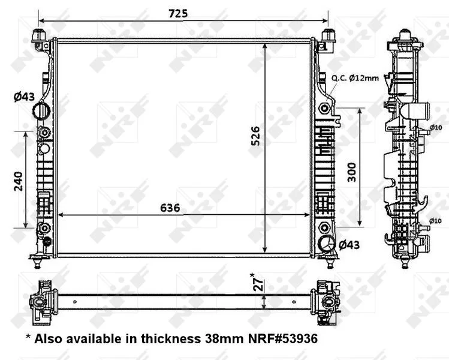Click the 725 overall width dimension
(178, 13)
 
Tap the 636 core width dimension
(170, 208)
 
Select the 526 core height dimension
(255, 136)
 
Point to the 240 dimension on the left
(19, 181)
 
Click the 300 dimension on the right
(352, 172)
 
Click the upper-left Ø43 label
(24, 97)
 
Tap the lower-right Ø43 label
(349, 245)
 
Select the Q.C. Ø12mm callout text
(355, 77)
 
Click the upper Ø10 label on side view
(436, 127)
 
